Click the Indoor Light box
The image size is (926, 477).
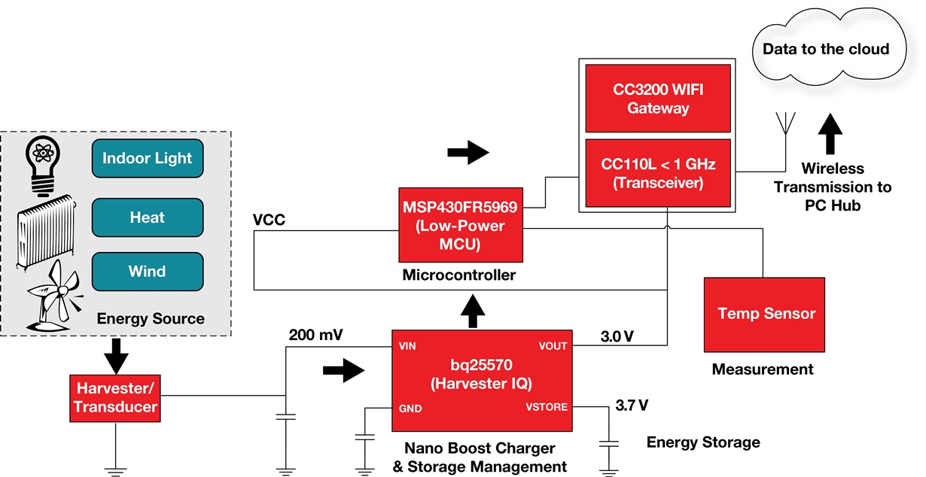[x=147, y=159]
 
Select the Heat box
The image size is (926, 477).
[x=147, y=217]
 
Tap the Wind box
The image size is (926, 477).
[x=147, y=272]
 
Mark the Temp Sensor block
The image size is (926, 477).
[x=766, y=313]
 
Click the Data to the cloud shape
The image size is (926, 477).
[x=825, y=50]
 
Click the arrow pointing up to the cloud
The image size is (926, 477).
[x=833, y=134]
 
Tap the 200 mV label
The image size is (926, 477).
[x=316, y=333]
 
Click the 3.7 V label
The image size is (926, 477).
[x=632, y=406]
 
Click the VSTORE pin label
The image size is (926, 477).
[x=547, y=408]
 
